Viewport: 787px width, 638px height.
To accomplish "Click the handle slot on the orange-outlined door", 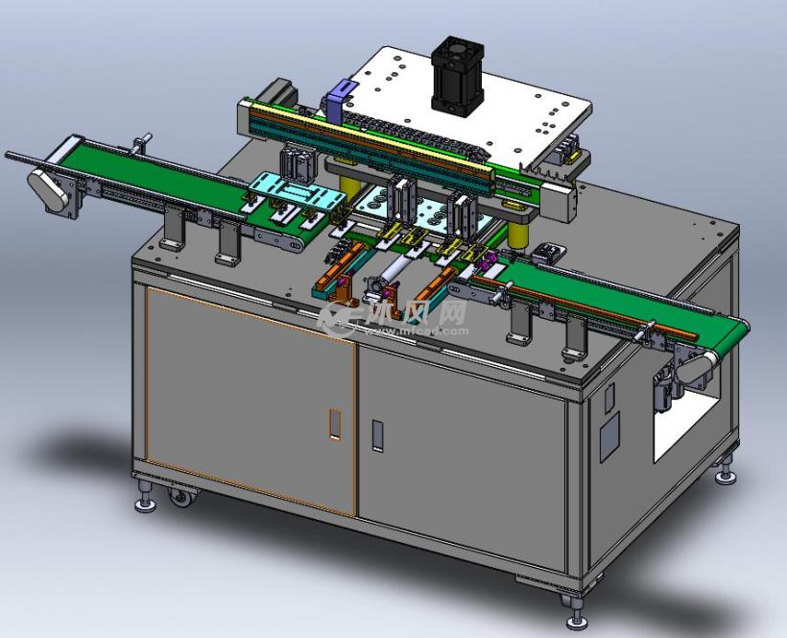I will (334, 423).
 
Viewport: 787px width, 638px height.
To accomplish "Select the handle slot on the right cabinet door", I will (377, 435).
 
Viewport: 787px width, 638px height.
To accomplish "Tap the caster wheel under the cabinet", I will (179, 498).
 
